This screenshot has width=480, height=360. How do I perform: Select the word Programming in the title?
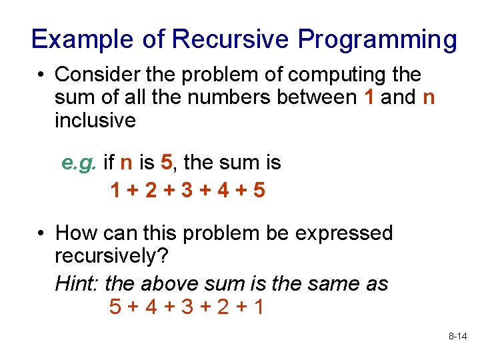coord(377,39)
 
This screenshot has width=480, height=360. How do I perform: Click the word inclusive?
coord(95,121)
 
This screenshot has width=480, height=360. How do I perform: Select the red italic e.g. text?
coord(79,162)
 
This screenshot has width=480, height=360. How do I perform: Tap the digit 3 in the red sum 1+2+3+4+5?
coord(187,191)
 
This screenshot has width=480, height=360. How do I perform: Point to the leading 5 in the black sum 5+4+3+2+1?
coord(115,307)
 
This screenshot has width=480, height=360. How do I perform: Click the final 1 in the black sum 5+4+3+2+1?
coord(258,307)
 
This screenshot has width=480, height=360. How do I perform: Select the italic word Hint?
coord(77,283)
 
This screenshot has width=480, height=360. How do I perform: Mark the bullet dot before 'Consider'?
coord(41,75)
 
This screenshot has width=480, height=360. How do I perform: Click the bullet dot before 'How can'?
coord(41,234)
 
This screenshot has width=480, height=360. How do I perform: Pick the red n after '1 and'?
coord(429,97)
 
